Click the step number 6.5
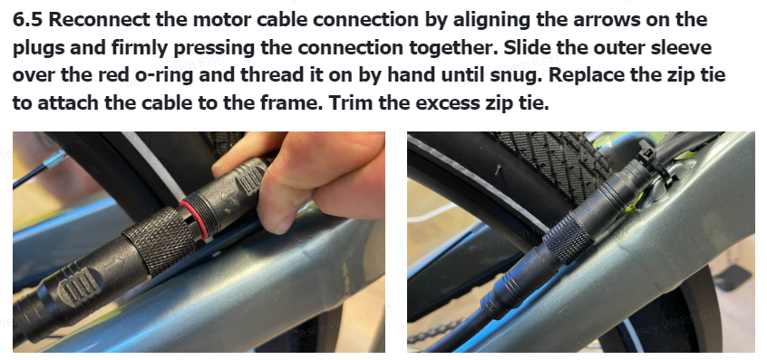pyautogui.click(x=27, y=20)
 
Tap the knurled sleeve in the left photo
pyautogui.click(x=159, y=239)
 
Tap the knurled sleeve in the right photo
pyautogui.click(x=568, y=238)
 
